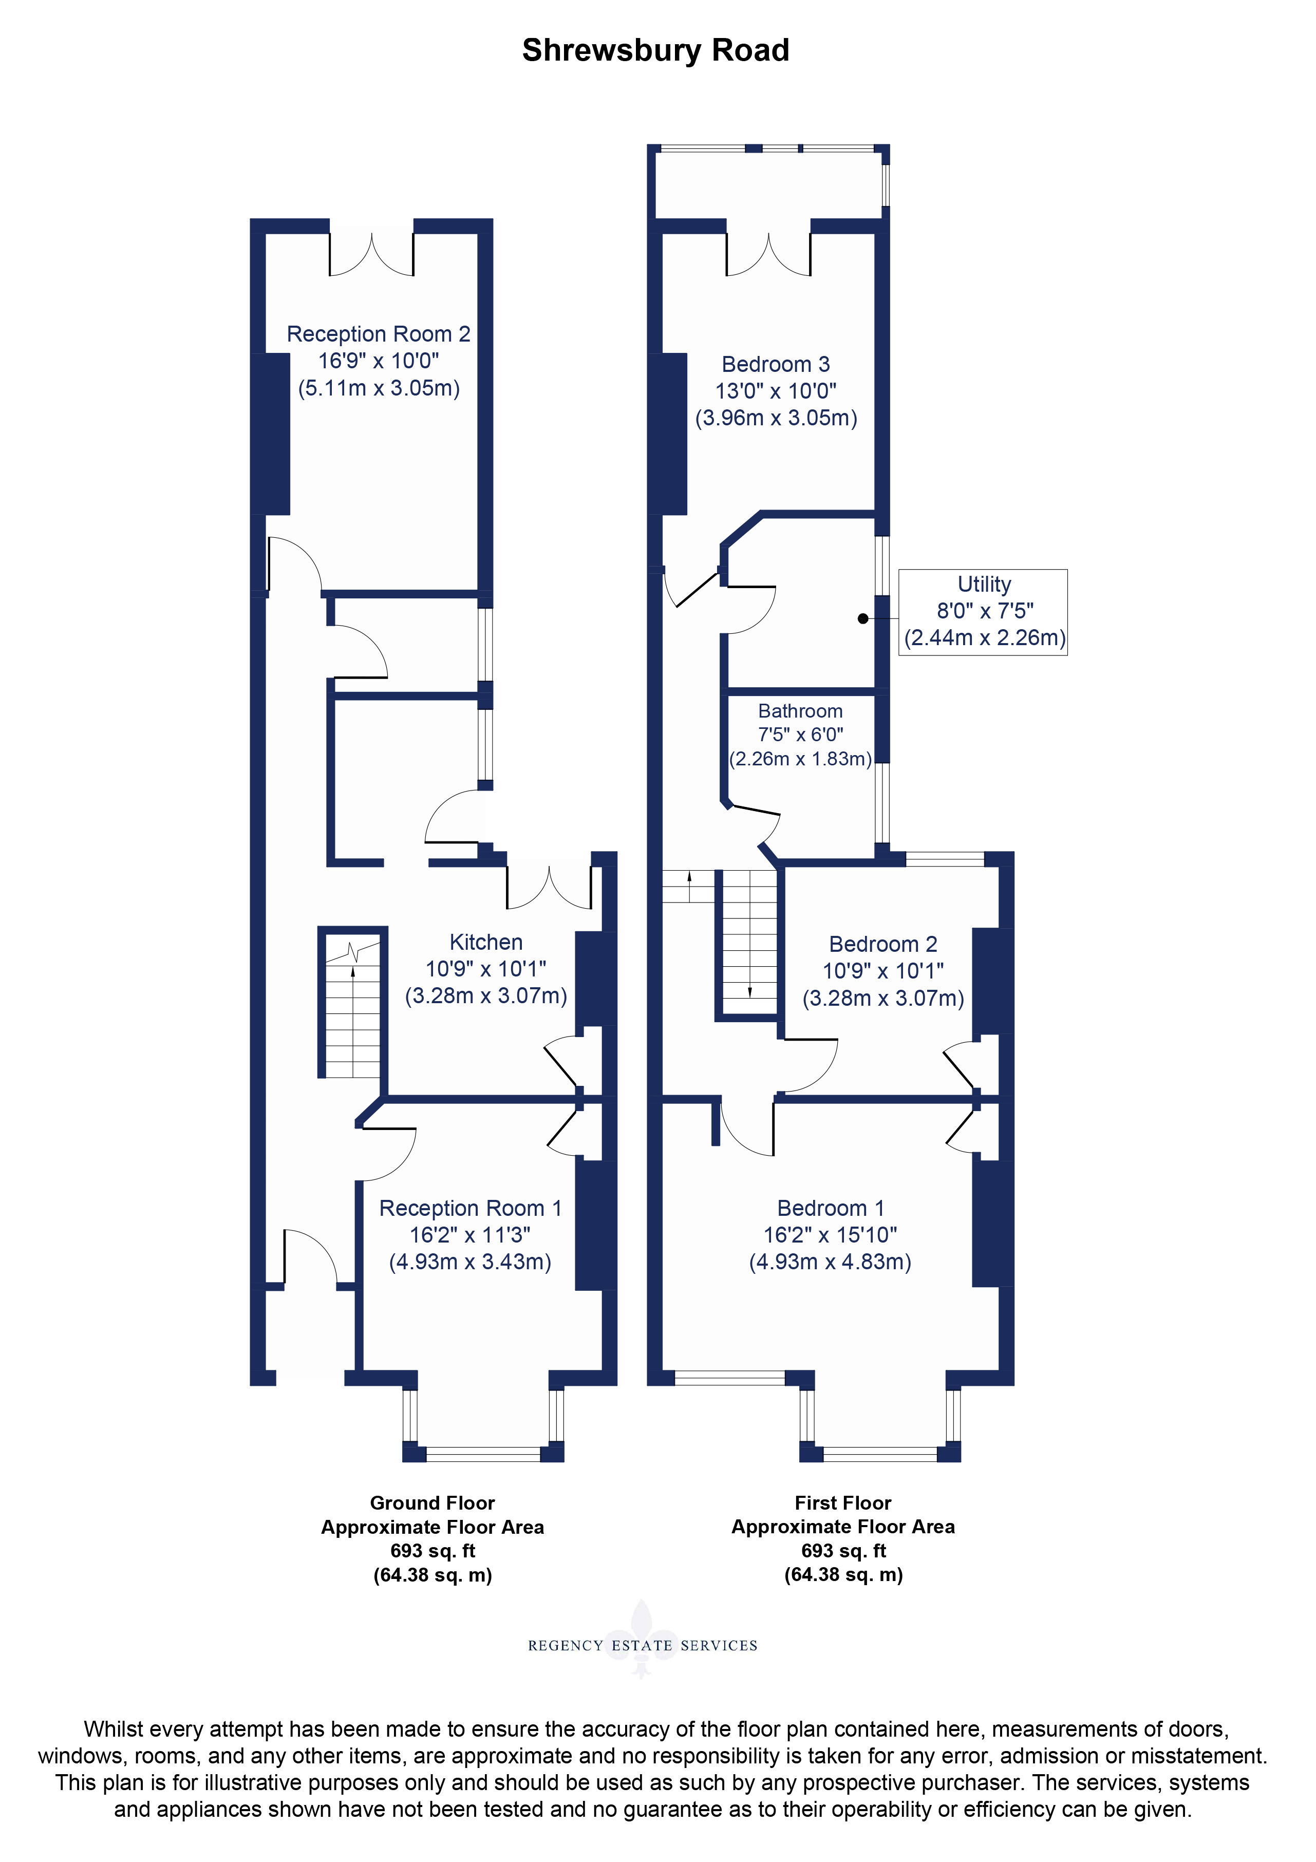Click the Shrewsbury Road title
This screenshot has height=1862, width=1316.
655,51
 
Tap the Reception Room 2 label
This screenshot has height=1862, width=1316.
379,333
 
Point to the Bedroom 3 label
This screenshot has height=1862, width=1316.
776,364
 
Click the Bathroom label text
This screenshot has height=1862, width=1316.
800,711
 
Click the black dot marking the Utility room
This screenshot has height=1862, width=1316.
863,619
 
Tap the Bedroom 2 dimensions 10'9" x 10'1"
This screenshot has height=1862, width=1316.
883,971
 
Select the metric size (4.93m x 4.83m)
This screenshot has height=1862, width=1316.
830,1262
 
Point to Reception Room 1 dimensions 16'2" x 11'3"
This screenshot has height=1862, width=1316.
471,1235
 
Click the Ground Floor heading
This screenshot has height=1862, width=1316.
432,1503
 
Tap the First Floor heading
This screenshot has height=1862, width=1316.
843,1503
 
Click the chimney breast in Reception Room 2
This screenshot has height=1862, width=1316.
271,434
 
